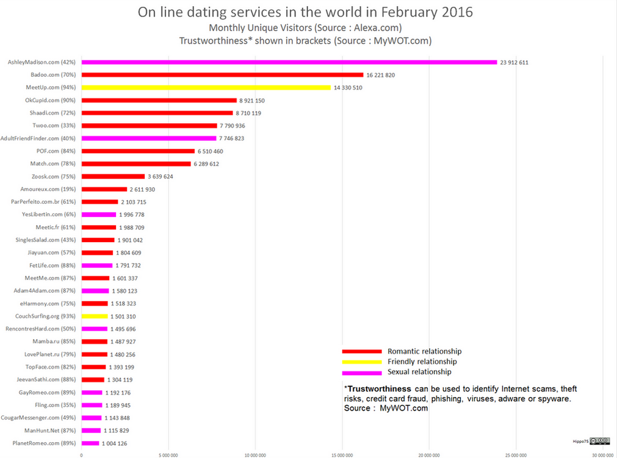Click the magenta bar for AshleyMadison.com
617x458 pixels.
289,62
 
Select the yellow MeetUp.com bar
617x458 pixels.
206,87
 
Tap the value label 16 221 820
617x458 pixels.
380,75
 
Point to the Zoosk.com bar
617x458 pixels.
113,176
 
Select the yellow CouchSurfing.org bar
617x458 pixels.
95,316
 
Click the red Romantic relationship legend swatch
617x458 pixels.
362,351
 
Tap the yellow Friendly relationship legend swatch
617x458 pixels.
362,362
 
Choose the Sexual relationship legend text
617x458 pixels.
419,371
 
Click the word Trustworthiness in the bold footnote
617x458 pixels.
380,388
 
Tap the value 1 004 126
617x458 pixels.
114,443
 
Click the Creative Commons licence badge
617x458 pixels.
599,440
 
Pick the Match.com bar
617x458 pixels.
136,163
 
